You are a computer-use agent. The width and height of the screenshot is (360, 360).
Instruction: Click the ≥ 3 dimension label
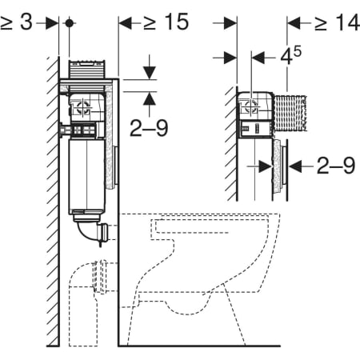[x=17, y=22]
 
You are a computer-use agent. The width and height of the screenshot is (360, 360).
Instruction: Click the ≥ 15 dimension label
[x=166, y=22]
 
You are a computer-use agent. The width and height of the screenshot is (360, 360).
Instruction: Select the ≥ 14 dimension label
[x=337, y=22]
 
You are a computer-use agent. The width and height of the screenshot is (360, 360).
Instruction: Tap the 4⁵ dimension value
[x=290, y=55]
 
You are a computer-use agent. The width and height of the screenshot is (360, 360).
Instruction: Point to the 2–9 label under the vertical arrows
[x=149, y=128]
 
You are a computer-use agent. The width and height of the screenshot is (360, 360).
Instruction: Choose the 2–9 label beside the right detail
[x=336, y=166]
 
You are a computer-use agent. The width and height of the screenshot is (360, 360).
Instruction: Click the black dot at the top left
[x=69, y=23]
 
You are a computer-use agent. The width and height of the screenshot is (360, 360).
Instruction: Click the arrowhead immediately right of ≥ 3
[x=52, y=23]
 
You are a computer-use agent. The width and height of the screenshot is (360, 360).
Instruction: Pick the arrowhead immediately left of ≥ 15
[x=126, y=23]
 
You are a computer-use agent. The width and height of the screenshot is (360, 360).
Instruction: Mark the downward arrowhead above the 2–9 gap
[x=150, y=73]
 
